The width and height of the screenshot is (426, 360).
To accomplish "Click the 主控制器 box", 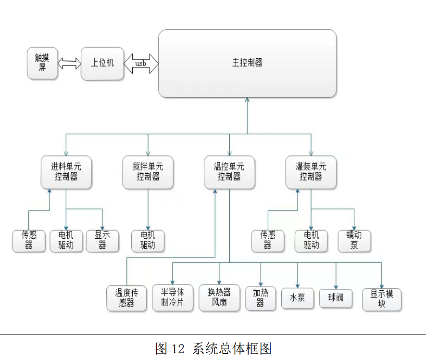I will click(247, 63).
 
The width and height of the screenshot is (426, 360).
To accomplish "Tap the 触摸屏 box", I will click(42, 63).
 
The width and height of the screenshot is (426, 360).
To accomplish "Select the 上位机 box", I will click(102, 63).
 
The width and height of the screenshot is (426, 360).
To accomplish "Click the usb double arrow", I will click(141, 64).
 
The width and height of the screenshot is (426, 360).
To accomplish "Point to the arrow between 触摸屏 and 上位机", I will click(69, 63).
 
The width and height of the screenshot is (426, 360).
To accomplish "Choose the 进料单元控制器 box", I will click(66, 172).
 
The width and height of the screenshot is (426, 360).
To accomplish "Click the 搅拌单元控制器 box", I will click(148, 172).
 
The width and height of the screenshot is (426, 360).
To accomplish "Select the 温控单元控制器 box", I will click(229, 172).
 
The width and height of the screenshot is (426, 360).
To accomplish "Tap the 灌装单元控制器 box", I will click(311, 172).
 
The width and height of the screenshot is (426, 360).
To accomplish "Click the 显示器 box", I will click(102, 240).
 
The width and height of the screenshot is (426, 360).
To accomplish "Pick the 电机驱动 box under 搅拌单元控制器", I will click(148, 240).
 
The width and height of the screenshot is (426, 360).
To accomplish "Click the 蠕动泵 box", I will click(354, 240).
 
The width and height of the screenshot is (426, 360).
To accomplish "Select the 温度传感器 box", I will click(126, 298).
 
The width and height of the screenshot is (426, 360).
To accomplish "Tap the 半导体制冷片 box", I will click(172, 298).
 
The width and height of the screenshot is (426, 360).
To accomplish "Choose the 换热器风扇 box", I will click(219, 298).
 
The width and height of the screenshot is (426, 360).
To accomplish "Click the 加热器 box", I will click(260, 298).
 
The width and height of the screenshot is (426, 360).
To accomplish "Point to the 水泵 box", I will click(297, 298).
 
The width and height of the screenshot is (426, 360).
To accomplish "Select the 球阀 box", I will click(336, 298).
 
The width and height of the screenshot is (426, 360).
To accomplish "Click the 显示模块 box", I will click(382, 298).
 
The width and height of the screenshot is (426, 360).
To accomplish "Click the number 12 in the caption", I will click(177, 348).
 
